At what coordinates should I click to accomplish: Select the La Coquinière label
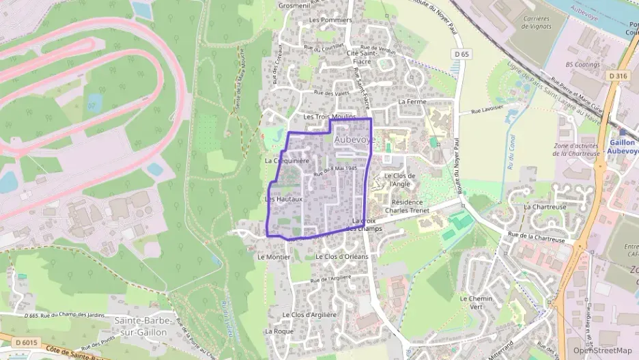pos(287,161)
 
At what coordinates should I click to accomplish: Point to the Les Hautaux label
pos(283,199)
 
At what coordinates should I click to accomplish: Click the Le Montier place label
pos(274,257)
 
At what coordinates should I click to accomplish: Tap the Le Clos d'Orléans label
pos(342,256)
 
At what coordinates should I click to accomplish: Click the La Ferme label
pos(412,101)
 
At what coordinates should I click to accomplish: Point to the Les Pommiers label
pos(330,20)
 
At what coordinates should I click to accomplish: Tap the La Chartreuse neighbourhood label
pos(545,206)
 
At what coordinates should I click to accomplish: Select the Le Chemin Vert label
pos(476,303)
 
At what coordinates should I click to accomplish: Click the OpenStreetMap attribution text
pos(602,351)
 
